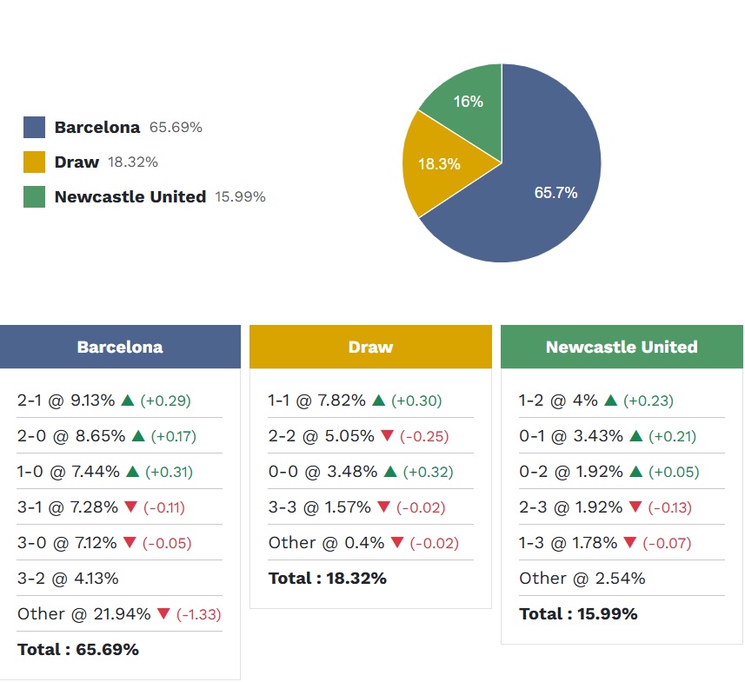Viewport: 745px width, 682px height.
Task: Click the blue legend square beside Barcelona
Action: point(34,128)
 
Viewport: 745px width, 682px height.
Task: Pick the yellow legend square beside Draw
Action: point(34,162)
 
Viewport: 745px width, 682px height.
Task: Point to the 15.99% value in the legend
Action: point(240,197)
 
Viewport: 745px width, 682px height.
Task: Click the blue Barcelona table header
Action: point(120,347)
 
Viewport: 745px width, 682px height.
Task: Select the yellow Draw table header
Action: point(370,347)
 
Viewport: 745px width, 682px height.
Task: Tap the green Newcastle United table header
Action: point(622,347)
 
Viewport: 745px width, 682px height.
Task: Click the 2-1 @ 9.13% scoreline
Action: point(66,401)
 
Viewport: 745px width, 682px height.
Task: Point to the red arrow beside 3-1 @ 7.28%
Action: point(130,507)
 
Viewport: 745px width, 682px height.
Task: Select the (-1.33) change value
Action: point(198,614)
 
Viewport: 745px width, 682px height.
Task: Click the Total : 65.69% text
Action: point(77,649)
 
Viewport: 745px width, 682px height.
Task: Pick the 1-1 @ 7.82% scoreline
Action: point(316,401)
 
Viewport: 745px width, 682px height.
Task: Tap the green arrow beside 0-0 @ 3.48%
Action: point(389,472)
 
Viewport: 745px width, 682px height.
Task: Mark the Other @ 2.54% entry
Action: point(582,579)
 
